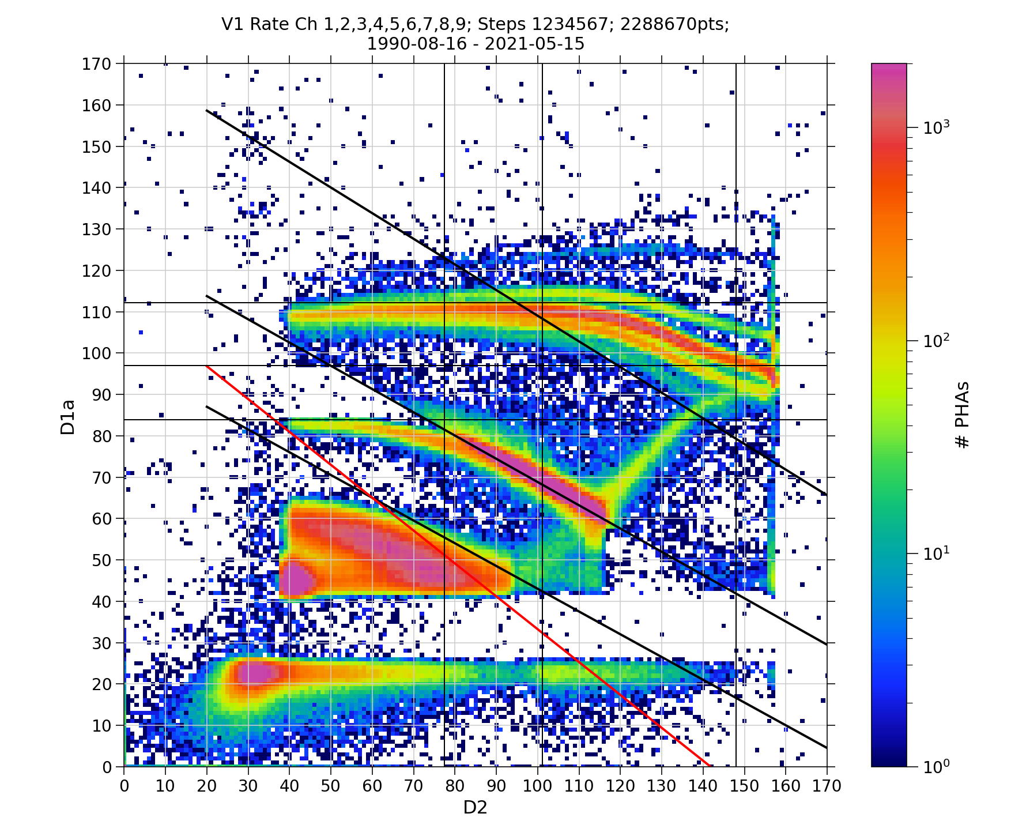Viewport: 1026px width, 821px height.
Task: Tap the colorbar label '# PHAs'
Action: (962, 415)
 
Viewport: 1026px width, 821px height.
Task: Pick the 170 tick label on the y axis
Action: (96, 64)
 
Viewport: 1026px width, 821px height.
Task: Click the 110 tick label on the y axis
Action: (96, 312)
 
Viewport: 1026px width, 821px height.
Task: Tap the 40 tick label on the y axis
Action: (101, 602)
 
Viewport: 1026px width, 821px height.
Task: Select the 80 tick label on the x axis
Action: (455, 786)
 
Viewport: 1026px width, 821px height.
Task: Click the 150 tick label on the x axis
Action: (744, 786)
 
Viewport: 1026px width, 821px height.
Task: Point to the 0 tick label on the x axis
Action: (125, 786)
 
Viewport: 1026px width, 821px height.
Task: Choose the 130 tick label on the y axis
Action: (96, 229)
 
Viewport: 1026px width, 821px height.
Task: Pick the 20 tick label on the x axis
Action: (207, 786)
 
